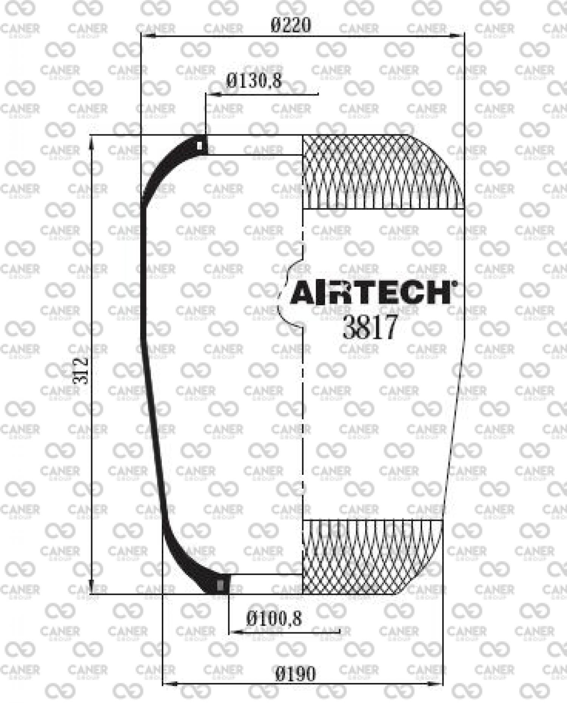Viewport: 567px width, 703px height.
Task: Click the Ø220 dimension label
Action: [x=291, y=25]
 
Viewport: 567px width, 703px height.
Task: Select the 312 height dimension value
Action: [x=81, y=371]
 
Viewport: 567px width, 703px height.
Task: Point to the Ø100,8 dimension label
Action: [x=274, y=619]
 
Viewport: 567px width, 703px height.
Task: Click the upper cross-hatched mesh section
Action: [x=383, y=172]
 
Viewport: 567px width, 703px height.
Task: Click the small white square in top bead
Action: [x=200, y=146]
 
